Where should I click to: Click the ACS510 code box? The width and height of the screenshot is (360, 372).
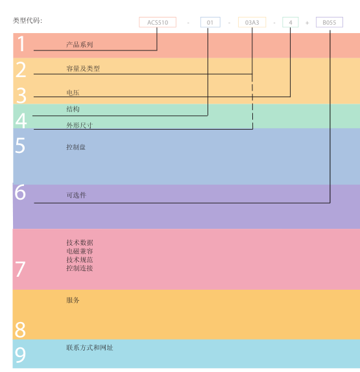coord(158,22)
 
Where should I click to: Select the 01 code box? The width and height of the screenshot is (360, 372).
coord(210,22)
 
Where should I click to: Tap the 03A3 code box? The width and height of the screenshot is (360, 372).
coord(252,22)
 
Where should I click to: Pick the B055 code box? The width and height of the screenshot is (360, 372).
coord(330,22)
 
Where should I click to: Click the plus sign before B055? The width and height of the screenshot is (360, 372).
coord(307,23)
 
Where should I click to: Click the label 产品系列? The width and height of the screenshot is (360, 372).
coord(80,44)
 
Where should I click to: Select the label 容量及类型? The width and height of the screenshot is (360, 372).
coord(83,69)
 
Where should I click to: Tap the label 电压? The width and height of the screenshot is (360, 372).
coord(73,93)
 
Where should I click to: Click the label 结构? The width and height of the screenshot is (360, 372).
coord(73,109)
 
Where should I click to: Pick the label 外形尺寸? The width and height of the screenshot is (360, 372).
coord(80,125)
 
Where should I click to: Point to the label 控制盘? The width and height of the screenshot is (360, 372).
coord(76,147)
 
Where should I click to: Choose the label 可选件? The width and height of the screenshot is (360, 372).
coord(77,195)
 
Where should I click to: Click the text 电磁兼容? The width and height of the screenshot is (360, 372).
coord(80,251)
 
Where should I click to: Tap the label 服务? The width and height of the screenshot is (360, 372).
coord(73,300)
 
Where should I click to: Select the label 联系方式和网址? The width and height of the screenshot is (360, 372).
coord(90,347)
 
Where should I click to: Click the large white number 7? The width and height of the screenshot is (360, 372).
coord(20,269)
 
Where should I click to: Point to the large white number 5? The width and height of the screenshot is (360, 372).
coord(20,145)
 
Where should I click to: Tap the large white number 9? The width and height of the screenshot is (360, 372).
coord(20,355)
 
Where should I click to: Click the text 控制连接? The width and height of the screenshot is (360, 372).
coord(80,268)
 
